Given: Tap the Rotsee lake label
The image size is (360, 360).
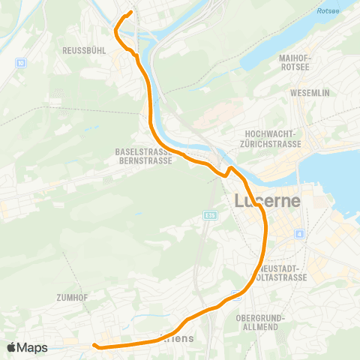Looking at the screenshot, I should click(328, 11).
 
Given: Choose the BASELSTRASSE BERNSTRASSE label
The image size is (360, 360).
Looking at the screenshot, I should click(143, 156).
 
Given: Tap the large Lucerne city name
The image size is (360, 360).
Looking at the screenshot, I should click(267, 201).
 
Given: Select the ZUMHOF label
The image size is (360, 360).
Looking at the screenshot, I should click(72, 298).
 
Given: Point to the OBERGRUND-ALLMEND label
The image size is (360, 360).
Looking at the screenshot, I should click(259, 323).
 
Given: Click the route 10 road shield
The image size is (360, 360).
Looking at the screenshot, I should click(20, 63).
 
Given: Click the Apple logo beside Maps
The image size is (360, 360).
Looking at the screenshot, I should click(11, 347).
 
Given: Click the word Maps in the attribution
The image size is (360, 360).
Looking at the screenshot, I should click(32, 347).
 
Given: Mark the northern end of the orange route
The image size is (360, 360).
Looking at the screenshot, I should click(130, 12).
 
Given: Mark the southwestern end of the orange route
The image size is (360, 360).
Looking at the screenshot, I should click(94, 346).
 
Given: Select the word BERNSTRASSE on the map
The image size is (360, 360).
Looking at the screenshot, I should click(143, 160).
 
